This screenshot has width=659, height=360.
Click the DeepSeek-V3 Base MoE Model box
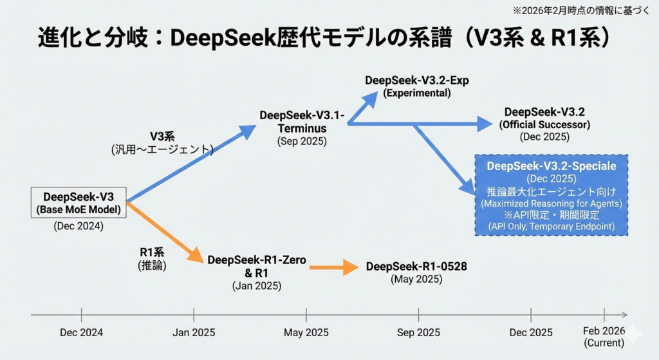click(x=79, y=203)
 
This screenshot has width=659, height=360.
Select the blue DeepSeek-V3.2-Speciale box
click(x=551, y=195)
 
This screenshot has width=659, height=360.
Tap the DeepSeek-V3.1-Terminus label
click(x=302, y=122)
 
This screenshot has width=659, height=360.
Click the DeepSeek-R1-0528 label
click(x=416, y=267)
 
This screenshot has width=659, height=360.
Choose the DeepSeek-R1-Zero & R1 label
click(x=257, y=267)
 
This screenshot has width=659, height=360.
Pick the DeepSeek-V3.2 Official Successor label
click(x=545, y=118)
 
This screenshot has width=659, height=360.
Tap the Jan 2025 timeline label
click(x=194, y=333)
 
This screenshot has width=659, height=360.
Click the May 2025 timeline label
click(x=306, y=333)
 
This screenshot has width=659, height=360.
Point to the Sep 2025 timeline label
click(x=418, y=333)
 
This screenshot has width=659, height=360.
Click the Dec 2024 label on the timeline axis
click(x=81, y=333)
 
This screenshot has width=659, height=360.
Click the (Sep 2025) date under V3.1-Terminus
click(x=302, y=141)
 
